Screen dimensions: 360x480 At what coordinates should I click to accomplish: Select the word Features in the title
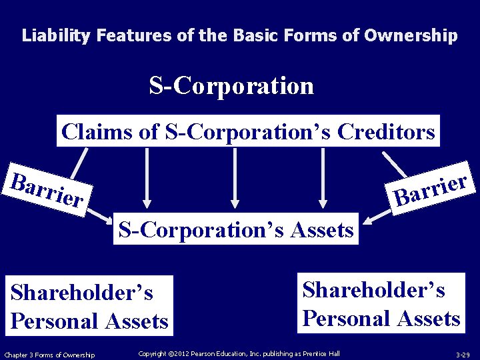coord(134,35)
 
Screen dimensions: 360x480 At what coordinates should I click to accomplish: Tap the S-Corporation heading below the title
coord(231,86)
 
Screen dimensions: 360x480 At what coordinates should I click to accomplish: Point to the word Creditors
coord(386,131)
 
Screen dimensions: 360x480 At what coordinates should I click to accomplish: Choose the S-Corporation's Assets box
coord(235,229)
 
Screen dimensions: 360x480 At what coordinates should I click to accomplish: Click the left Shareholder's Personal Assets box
coord(89,306)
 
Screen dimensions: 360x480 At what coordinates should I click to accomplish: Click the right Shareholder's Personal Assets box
coord(381,303)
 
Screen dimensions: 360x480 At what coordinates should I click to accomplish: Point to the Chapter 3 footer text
coord(49,354)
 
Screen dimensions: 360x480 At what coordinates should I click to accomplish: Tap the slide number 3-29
coord(463,354)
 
